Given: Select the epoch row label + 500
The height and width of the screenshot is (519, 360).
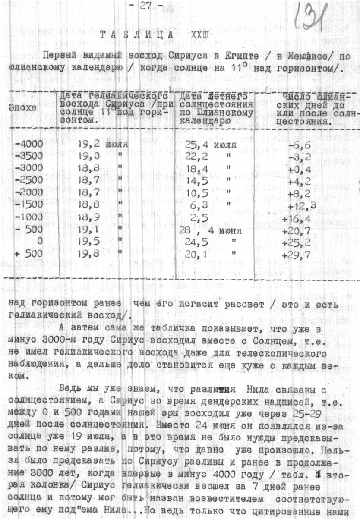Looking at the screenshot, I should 28,254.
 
